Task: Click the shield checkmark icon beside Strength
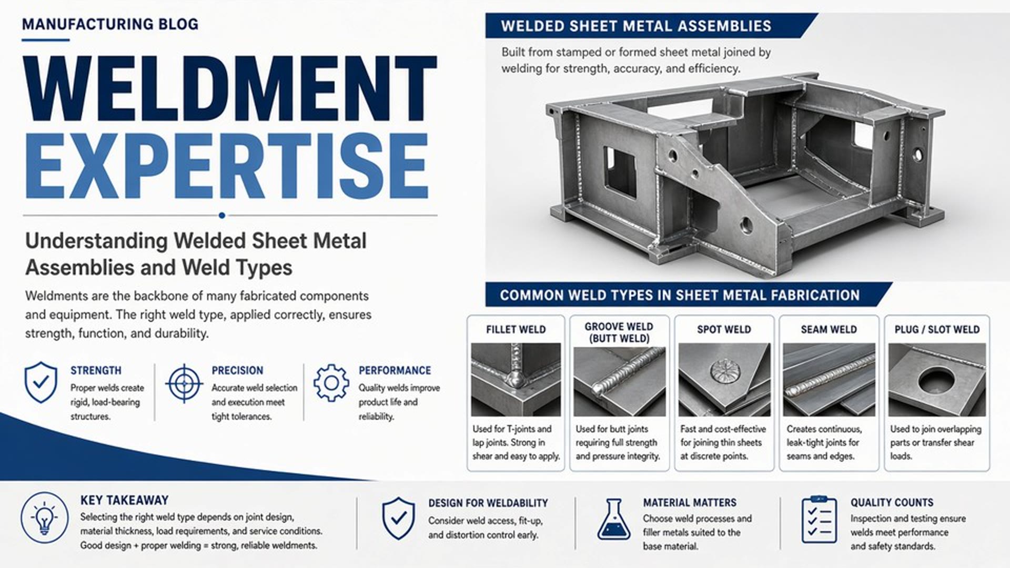click(x=41, y=382)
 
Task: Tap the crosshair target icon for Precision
click(x=184, y=383)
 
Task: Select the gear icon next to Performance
click(x=331, y=383)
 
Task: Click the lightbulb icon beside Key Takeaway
click(x=45, y=518)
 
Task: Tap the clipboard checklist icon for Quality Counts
click(x=819, y=519)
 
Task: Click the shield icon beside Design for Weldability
click(x=398, y=519)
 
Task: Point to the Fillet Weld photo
click(x=516, y=380)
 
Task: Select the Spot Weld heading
click(x=724, y=330)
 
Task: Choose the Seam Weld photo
click(x=829, y=380)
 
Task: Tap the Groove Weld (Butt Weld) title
click(x=619, y=332)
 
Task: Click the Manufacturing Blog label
click(x=110, y=24)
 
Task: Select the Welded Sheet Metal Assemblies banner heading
click(x=636, y=26)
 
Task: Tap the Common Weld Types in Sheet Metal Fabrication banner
click(x=680, y=295)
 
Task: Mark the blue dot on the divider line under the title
click(x=222, y=215)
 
